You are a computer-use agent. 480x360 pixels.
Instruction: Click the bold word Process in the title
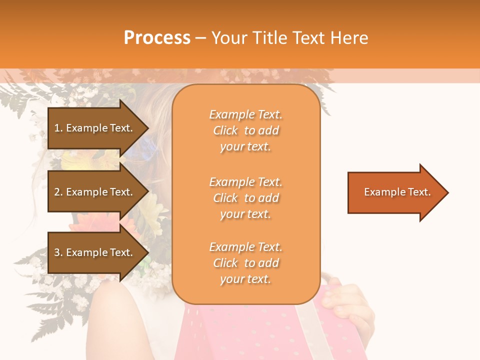coord(157,38)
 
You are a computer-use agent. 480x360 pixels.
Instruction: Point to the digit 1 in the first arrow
coord(56,128)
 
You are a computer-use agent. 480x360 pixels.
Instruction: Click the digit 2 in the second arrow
coord(57,192)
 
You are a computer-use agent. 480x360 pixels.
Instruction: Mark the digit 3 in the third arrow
coord(57,252)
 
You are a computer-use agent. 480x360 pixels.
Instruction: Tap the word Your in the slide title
coord(229,38)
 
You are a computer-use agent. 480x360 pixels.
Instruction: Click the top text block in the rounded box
coord(245,130)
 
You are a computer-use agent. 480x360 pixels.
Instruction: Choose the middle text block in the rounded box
coord(245,198)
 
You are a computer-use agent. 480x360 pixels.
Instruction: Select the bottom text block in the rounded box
coord(245,263)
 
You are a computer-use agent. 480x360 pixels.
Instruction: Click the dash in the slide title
coord(201,38)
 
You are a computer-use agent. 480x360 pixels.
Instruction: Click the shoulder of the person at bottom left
coord(125,305)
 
